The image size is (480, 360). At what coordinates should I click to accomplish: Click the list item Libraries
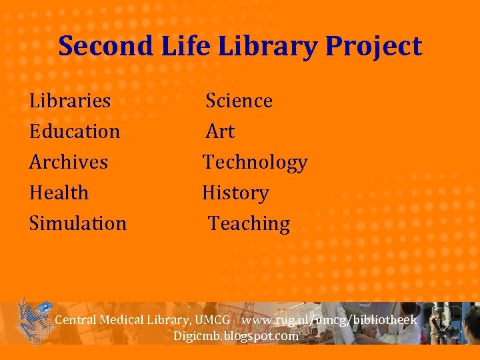point(70,101)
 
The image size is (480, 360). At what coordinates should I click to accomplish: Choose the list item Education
point(75,131)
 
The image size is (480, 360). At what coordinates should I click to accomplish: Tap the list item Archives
point(69,162)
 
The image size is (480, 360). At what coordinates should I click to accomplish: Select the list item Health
point(59,193)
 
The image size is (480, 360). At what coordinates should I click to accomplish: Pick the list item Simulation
point(78,223)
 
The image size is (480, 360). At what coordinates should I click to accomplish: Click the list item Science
point(239,101)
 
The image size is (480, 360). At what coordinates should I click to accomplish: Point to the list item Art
point(220,131)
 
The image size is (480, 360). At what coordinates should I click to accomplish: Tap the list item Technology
point(255,163)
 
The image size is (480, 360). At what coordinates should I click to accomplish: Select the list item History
point(235,193)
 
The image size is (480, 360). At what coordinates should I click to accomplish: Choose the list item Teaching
point(249,224)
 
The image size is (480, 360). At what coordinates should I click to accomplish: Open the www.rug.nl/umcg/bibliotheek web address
point(329,320)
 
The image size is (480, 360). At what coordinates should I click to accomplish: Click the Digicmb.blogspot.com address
point(236,335)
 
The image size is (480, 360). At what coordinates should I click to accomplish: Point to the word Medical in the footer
point(122,320)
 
